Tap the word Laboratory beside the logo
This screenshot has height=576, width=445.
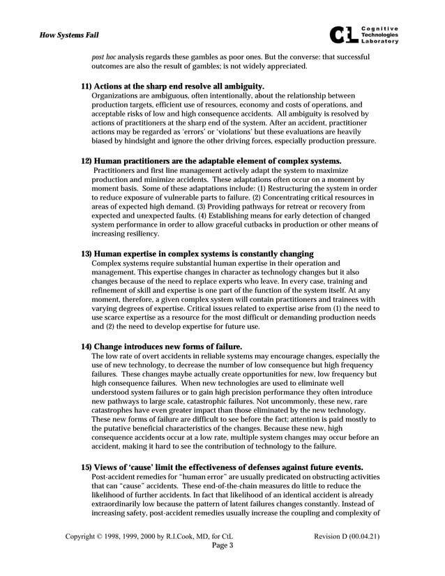point(380,42)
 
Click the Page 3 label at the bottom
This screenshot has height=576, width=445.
point(222,546)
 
